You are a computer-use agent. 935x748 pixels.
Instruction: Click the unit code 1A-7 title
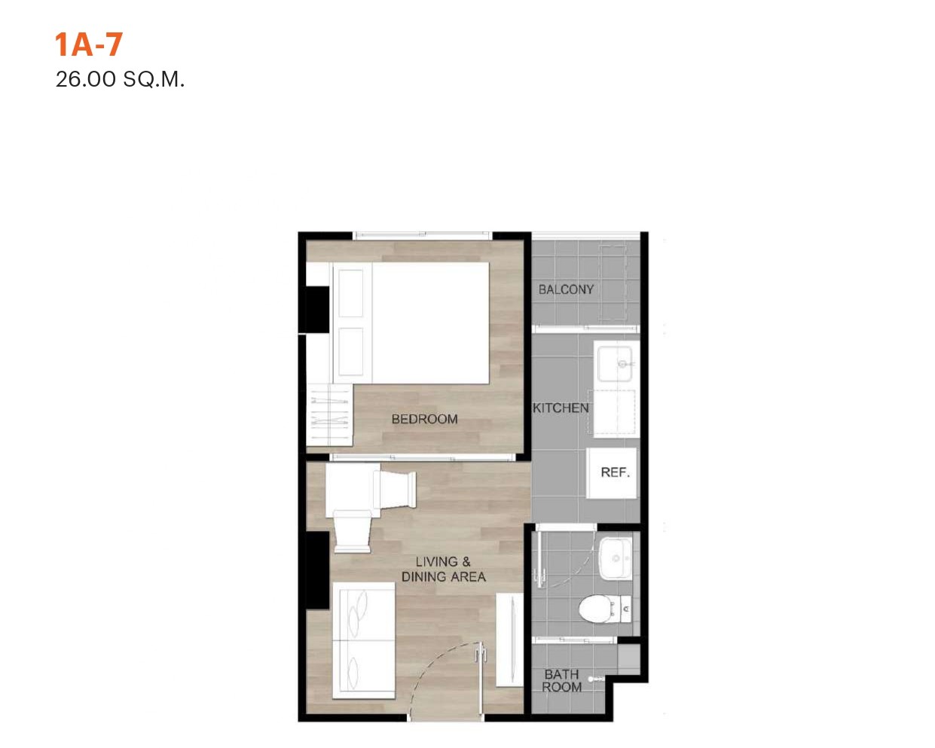(x=89, y=44)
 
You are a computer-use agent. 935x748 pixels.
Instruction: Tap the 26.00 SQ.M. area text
(x=120, y=80)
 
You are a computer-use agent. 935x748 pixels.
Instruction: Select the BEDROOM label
(x=424, y=419)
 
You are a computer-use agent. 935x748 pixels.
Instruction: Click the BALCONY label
(x=566, y=290)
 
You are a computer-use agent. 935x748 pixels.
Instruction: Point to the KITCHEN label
(x=561, y=408)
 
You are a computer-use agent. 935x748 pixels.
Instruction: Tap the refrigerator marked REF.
(x=611, y=473)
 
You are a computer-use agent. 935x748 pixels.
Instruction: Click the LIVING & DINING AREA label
(x=443, y=569)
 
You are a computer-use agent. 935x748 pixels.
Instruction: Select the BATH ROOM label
(x=561, y=681)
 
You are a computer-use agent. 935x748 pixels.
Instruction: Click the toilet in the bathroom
(x=604, y=609)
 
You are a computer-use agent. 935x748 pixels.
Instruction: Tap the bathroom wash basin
(x=616, y=557)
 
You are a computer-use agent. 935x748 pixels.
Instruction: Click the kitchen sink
(x=615, y=364)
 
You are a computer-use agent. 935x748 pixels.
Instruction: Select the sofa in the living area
(x=364, y=640)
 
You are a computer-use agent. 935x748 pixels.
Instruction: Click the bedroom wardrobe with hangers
(x=329, y=415)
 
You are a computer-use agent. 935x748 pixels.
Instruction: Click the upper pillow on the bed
(x=350, y=293)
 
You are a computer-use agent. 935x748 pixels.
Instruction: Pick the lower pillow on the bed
(x=350, y=352)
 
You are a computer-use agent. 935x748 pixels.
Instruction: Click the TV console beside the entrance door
(x=509, y=641)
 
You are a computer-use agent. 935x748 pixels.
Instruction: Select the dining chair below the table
(x=353, y=532)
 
